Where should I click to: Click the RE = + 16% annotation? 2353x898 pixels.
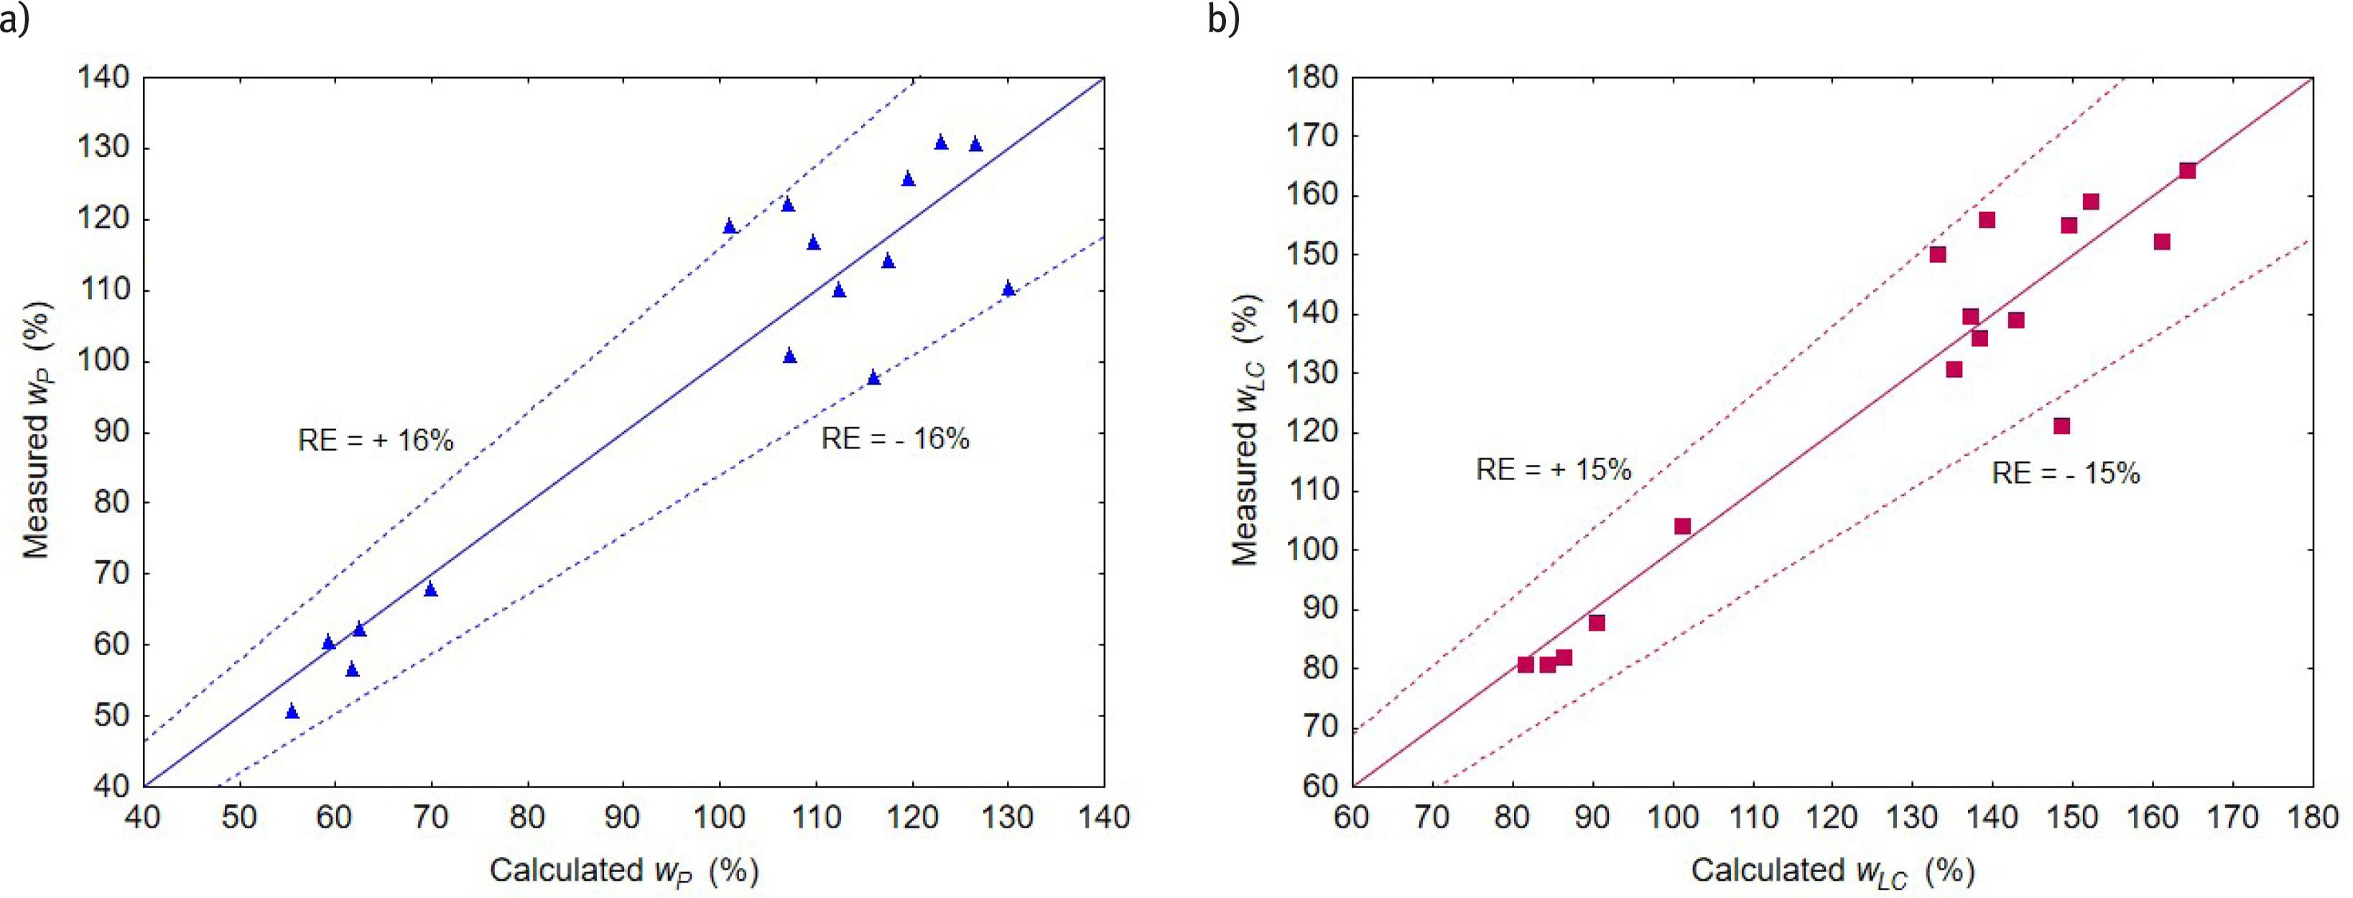[x=376, y=440]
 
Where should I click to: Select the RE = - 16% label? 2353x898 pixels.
[x=894, y=440]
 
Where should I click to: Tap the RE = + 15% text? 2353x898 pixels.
[x=1553, y=470]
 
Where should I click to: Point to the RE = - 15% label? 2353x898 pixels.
[x=2065, y=473]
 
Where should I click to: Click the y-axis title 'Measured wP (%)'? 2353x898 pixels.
[x=37, y=430]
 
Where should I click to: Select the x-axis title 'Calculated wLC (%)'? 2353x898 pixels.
[x=1832, y=871]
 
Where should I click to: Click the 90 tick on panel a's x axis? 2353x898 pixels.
[x=623, y=816]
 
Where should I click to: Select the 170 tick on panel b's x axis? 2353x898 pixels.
[x=2232, y=816]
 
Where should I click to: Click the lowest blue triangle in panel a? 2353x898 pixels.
[x=292, y=710]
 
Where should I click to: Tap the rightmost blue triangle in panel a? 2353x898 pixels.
[x=1008, y=289]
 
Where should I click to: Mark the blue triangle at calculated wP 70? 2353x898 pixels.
[x=431, y=589]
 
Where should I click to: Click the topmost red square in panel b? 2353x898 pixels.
[x=2187, y=171]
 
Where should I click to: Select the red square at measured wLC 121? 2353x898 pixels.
[x=2061, y=426]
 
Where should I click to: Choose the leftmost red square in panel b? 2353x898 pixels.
[x=1526, y=664]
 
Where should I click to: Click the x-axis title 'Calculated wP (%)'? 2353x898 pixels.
[x=624, y=871]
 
